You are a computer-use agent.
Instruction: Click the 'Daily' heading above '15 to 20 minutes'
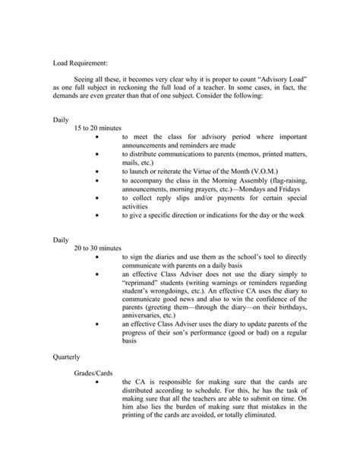click(x=61, y=119)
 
